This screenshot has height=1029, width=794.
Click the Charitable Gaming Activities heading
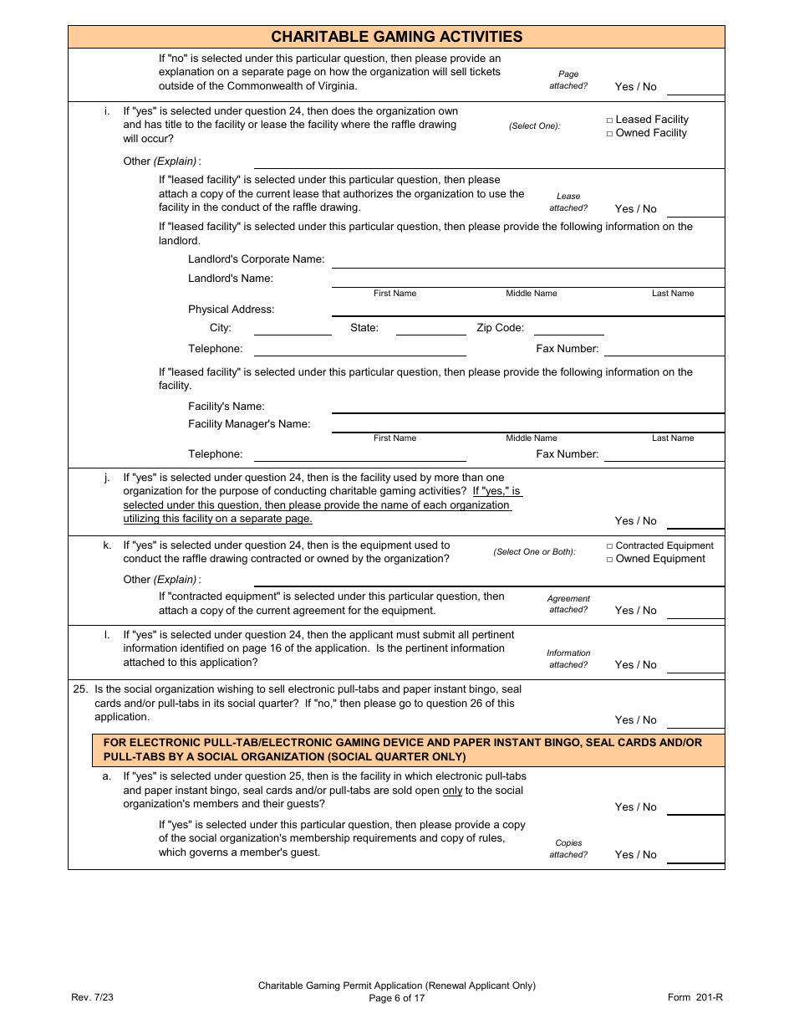pyautogui.click(x=396, y=37)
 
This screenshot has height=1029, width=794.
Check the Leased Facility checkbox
pyautogui.click(x=610, y=120)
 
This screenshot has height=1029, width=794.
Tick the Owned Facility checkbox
pyautogui.click(x=610, y=134)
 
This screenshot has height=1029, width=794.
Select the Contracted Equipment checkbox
pyautogui.click(x=610, y=546)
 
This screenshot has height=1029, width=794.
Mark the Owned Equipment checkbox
pyautogui.click(x=610, y=560)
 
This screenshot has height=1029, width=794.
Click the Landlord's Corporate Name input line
pyautogui.click(x=527, y=261)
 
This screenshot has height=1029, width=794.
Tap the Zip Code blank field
pyautogui.click(x=568, y=329)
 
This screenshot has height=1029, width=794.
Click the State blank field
pyautogui.click(x=430, y=329)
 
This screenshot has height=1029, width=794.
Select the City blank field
pyautogui.click(x=293, y=329)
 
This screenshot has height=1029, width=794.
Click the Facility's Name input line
pyautogui.click(x=527, y=407)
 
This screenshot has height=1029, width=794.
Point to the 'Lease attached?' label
pyautogui.click(x=568, y=202)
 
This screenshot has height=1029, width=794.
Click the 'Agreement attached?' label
pyautogui.click(x=568, y=604)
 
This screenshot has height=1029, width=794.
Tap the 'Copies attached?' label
pyautogui.click(x=568, y=849)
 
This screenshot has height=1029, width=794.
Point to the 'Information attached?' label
pyautogui.click(x=568, y=658)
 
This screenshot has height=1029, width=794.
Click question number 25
pyautogui.click(x=80, y=689)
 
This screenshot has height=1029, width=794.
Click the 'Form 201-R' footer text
pyautogui.click(x=695, y=997)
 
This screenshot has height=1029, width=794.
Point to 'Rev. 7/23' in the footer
pyautogui.click(x=92, y=997)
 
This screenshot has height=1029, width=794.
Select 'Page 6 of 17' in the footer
pyautogui.click(x=397, y=998)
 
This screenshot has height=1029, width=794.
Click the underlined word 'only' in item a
pyautogui.click(x=452, y=791)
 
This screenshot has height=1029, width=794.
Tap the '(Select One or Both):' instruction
pyautogui.click(x=534, y=552)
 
